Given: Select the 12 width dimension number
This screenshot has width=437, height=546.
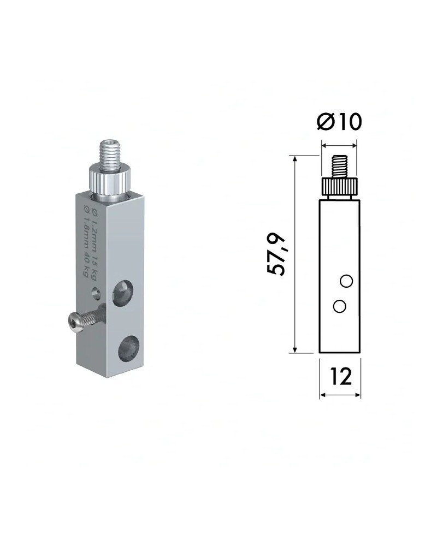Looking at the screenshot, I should tap(340, 377).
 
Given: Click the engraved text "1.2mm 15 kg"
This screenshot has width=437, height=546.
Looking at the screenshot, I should tap(94, 232).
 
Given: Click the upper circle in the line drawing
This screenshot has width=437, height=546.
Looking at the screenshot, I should tap(345, 281).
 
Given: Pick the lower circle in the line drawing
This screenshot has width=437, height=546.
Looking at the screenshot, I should tap(339, 306).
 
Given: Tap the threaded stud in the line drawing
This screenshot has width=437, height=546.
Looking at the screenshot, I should tap(339, 167).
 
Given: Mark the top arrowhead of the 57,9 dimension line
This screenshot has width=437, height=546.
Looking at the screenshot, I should tap(295, 158).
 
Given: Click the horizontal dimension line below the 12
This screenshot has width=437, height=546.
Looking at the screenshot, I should tap(340, 395).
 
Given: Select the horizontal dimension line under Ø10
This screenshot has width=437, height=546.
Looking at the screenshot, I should tap(339, 145).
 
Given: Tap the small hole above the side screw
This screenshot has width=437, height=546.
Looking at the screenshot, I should tap(97, 293).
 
